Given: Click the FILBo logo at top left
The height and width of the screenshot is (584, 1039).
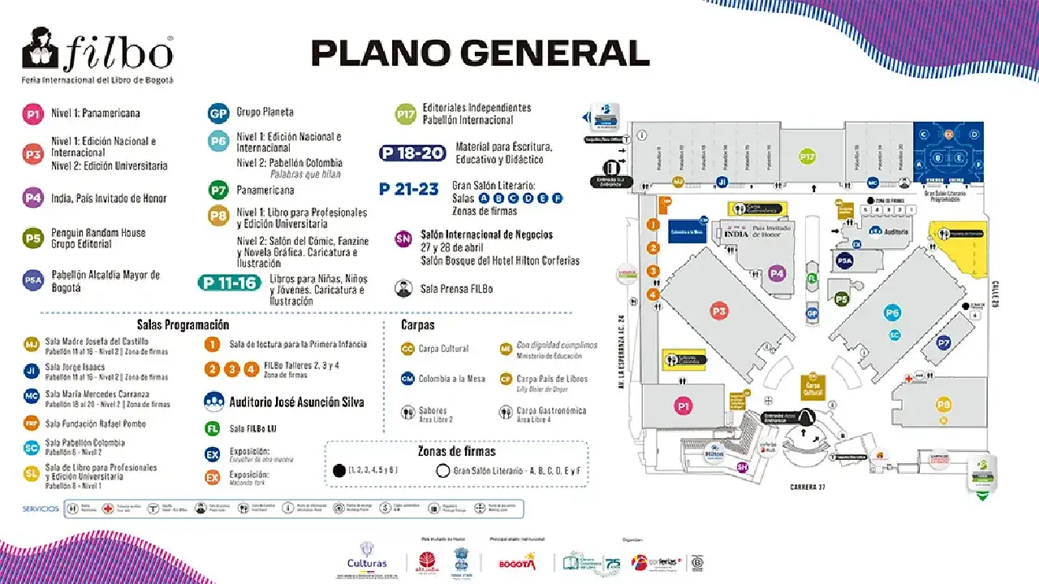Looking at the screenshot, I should (97, 55).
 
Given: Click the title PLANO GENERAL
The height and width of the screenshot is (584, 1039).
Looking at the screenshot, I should (481, 54).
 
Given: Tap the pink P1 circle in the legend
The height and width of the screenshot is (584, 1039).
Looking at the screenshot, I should (33, 114).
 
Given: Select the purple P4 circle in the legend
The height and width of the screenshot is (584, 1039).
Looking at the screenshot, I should (33, 198).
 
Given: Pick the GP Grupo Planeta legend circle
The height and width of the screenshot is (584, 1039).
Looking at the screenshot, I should (218, 113).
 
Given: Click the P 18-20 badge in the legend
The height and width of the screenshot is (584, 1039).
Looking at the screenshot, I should (413, 152).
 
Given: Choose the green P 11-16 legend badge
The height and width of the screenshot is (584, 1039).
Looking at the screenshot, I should (230, 282).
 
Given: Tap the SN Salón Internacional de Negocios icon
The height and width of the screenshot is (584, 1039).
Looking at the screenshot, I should (403, 238).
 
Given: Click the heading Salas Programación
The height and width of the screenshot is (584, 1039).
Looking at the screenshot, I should (183, 324).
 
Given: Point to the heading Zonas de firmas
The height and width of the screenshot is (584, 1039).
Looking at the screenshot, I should (457, 451).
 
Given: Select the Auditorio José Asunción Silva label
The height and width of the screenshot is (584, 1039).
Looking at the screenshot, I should (296, 401).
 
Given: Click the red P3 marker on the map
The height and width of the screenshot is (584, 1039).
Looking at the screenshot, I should (718, 310).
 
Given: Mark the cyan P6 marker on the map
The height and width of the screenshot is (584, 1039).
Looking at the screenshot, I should (893, 313).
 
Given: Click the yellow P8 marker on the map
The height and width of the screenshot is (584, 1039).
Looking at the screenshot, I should (943, 405).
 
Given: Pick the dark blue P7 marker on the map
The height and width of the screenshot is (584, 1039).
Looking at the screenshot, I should (943, 343).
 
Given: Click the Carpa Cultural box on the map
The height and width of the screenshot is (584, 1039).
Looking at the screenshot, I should (813, 387).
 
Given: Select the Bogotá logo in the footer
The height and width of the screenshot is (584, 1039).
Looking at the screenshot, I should (517, 562).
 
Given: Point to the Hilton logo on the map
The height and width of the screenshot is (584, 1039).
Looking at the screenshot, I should (714, 453).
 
